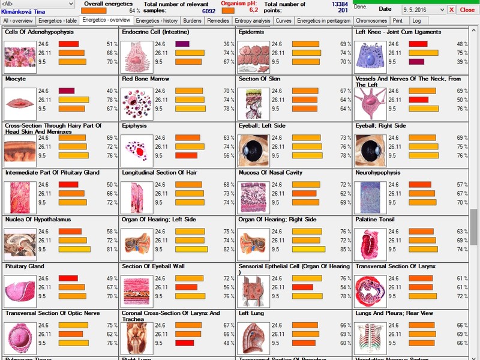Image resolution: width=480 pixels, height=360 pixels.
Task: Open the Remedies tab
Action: pos(218,20)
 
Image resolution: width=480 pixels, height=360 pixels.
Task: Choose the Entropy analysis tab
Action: pos(253,20)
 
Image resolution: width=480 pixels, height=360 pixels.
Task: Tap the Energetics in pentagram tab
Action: pos(323,20)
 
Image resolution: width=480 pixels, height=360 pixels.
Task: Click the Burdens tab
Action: pos(192,20)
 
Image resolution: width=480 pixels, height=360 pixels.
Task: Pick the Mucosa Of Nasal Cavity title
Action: pos(270,173)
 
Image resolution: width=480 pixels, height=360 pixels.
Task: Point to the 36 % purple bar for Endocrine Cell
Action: pos(182,44)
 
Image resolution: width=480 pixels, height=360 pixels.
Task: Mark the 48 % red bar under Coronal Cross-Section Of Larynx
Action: pos(183,343)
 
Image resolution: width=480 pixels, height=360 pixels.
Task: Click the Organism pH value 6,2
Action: pos(253,10)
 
